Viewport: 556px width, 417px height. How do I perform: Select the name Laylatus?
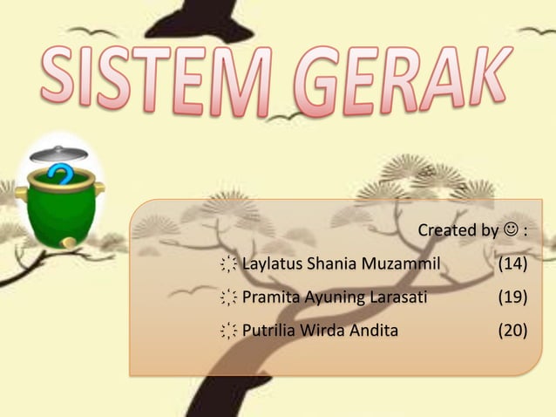click(x=273, y=264)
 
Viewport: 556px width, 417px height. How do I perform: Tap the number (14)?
click(x=512, y=264)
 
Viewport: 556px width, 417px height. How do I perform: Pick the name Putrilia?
click(x=269, y=331)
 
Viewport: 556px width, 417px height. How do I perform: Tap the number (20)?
click(x=512, y=331)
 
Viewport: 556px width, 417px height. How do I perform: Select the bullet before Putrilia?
click(x=228, y=332)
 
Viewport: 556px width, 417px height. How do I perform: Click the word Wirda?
click(x=322, y=331)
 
